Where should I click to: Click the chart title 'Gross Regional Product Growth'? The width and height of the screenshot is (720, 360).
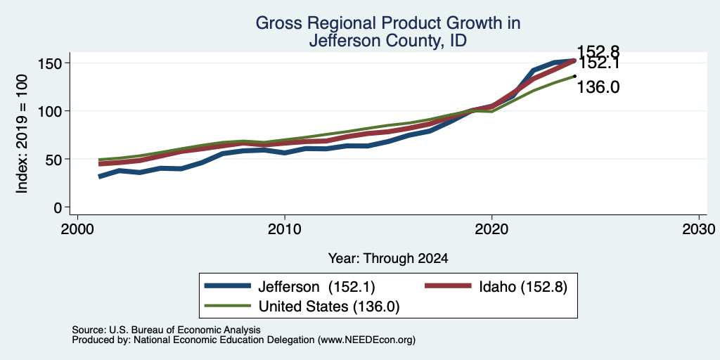(x=387, y=23)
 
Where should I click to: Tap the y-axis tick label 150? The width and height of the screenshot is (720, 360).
(x=49, y=63)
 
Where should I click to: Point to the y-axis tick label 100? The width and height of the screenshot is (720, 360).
(x=49, y=111)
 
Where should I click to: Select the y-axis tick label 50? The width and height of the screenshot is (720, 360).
(x=53, y=160)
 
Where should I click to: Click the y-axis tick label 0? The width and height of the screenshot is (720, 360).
(x=58, y=207)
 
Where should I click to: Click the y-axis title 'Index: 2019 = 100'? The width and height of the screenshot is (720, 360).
(x=22, y=134)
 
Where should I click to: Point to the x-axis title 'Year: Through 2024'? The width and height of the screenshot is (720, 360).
(x=388, y=259)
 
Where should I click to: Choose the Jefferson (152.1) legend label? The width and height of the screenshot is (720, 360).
(x=317, y=287)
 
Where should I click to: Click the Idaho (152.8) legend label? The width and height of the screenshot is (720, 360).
(x=523, y=287)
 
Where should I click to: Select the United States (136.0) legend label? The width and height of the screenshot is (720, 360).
(x=329, y=307)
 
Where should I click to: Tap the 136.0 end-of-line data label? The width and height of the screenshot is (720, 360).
(x=598, y=86)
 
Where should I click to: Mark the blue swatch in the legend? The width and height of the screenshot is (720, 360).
(x=228, y=286)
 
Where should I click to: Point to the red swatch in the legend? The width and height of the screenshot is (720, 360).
(x=448, y=286)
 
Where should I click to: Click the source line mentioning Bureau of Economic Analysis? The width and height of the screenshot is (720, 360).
(x=166, y=330)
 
